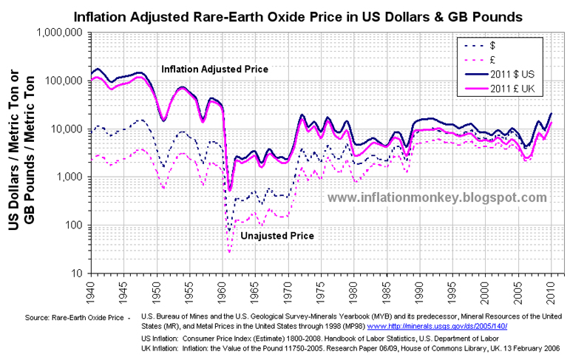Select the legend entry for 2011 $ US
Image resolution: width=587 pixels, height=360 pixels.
pyautogui.click(x=515, y=74)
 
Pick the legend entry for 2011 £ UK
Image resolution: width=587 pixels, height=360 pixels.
pyautogui.click(x=515, y=89)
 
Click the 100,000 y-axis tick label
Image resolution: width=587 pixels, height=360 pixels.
pyautogui.click(x=64, y=81)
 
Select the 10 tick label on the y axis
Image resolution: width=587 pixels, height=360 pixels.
pyautogui.click(x=78, y=274)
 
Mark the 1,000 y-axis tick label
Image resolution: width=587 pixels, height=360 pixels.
pyautogui.click(x=70, y=177)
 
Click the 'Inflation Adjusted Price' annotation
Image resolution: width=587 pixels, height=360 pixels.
pyautogui.click(x=214, y=69)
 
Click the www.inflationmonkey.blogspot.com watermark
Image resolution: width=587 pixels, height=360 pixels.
pyautogui.click(x=437, y=197)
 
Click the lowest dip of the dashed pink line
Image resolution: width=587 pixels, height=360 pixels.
pyautogui.click(x=229, y=252)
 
